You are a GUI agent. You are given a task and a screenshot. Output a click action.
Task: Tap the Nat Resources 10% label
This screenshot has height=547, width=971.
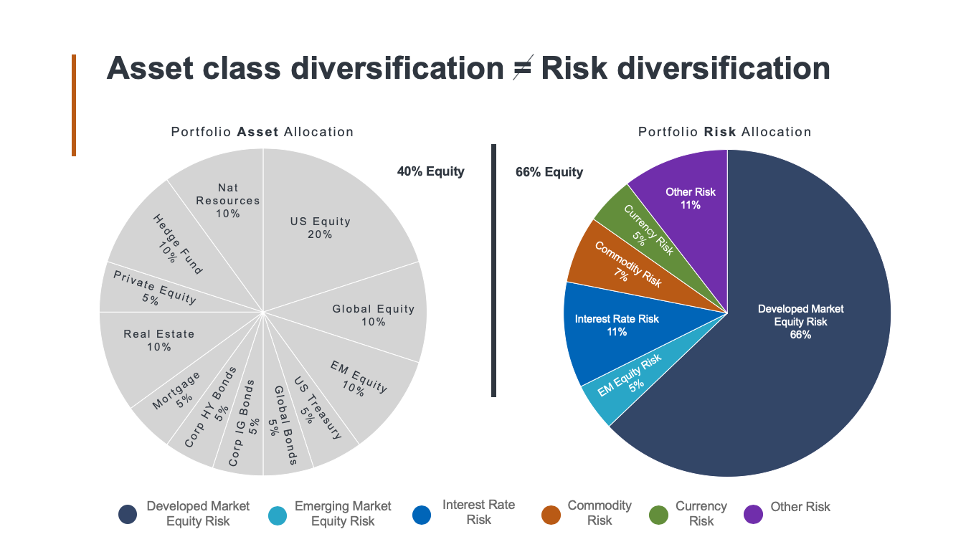(228, 201)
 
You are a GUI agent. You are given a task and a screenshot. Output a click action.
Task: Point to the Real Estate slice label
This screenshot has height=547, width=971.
(158, 341)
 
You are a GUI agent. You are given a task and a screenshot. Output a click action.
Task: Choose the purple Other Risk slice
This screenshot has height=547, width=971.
(690, 198)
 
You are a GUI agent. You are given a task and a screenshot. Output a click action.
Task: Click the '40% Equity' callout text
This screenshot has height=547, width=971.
(430, 171)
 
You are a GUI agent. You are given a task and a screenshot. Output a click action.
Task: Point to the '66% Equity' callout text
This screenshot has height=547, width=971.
(549, 172)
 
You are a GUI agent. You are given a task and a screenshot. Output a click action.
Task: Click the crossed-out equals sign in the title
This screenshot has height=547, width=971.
(522, 70)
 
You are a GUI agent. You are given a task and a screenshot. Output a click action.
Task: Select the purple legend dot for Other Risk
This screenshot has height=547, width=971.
(754, 514)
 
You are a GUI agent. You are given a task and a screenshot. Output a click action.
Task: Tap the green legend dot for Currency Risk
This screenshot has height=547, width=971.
(658, 514)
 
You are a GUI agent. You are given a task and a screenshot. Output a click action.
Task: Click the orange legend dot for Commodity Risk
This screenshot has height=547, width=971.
(551, 514)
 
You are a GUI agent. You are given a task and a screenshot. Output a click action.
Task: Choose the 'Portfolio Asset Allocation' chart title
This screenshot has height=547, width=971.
(262, 132)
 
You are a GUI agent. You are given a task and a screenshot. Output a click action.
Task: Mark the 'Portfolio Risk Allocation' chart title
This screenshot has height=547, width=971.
(725, 132)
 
